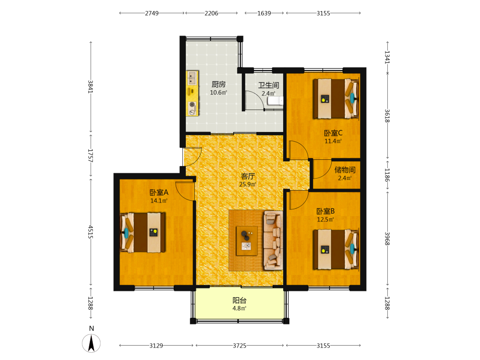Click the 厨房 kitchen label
[x=218, y=84]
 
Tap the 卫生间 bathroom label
[x=268, y=85]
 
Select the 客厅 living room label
[x=248, y=176]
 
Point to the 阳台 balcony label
[x=240, y=300]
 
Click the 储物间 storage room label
[x=345, y=170]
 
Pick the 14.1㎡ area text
[x=159, y=201]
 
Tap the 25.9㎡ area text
[x=248, y=184]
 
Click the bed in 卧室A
[x=143, y=233]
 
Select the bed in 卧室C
[x=336, y=98]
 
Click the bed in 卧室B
[x=336, y=250]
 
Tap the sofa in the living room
[x=274, y=240]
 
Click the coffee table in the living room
[x=247, y=240]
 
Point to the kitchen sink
[x=192, y=78]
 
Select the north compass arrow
[x=91, y=343]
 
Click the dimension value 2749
[x=152, y=13]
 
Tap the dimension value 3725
[x=240, y=346]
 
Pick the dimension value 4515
[x=91, y=232]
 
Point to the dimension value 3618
[x=387, y=116]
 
